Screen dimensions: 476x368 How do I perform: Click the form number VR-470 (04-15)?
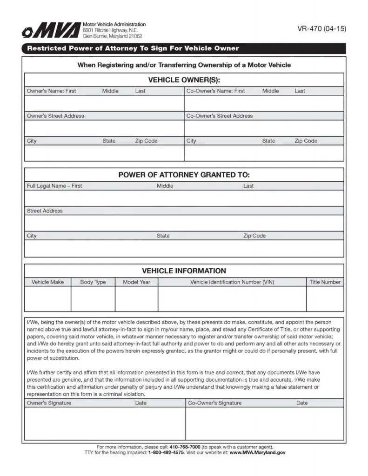(321, 29)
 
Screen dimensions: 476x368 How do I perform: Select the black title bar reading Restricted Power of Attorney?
(133, 48)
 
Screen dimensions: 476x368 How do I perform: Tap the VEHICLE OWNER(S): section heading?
(184, 80)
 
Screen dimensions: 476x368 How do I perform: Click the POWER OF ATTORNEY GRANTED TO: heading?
(184, 175)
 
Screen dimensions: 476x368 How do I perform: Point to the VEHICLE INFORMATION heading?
(184, 271)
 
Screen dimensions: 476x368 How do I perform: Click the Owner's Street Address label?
(55, 116)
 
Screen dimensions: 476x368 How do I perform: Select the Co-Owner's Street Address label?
(220, 116)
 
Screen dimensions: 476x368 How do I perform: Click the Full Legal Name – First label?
(54, 186)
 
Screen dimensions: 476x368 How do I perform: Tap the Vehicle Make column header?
(47, 282)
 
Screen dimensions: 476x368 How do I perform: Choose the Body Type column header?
(93, 282)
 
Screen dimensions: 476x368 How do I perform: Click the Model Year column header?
(136, 282)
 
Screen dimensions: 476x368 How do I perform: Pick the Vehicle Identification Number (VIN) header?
(232, 282)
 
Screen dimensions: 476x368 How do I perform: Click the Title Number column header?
(325, 282)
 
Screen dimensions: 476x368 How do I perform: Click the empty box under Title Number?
(325, 298)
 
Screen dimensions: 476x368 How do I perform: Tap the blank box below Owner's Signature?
(105, 423)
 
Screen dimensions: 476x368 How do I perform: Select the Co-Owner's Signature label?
(214, 403)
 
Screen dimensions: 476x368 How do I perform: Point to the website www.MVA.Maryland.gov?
(258, 452)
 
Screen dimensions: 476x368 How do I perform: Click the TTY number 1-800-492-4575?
(166, 452)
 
